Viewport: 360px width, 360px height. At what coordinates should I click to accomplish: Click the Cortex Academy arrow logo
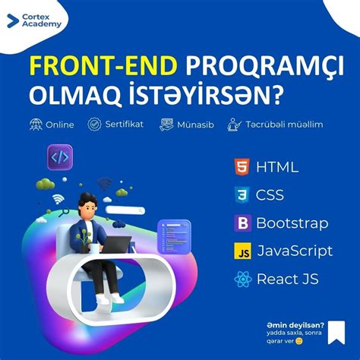click(x=13, y=21)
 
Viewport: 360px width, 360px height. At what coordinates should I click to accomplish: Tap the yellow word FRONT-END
click(x=103, y=66)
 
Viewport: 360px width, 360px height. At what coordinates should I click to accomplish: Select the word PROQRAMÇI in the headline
click(x=265, y=66)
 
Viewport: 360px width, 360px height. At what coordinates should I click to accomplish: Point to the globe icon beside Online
click(x=36, y=125)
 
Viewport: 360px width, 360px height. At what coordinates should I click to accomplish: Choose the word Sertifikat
click(x=125, y=124)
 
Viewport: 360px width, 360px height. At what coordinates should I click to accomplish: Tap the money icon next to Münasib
click(x=166, y=125)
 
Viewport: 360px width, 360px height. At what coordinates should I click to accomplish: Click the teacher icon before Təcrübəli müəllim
click(x=234, y=125)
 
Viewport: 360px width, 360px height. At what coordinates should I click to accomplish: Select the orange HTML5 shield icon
click(x=242, y=167)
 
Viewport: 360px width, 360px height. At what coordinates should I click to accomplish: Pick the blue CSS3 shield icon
click(x=242, y=195)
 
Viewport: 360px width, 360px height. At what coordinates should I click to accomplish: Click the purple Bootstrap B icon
click(x=243, y=223)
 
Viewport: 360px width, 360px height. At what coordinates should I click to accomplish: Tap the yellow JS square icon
click(x=242, y=251)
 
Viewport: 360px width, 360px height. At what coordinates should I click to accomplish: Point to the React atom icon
click(x=243, y=279)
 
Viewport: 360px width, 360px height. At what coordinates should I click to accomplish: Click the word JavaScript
click(x=295, y=251)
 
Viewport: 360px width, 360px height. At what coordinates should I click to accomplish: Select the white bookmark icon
click(x=336, y=333)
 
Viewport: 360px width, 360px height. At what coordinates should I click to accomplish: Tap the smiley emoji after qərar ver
click(x=299, y=341)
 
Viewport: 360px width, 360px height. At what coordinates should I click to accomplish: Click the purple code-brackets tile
click(x=60, y=157)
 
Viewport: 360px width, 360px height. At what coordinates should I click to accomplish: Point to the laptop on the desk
click(x=117, y=245)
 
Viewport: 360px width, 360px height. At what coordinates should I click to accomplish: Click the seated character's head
click(x=87, y=204)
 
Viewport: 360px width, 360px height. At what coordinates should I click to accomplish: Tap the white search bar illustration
click(x=125, y=210)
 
